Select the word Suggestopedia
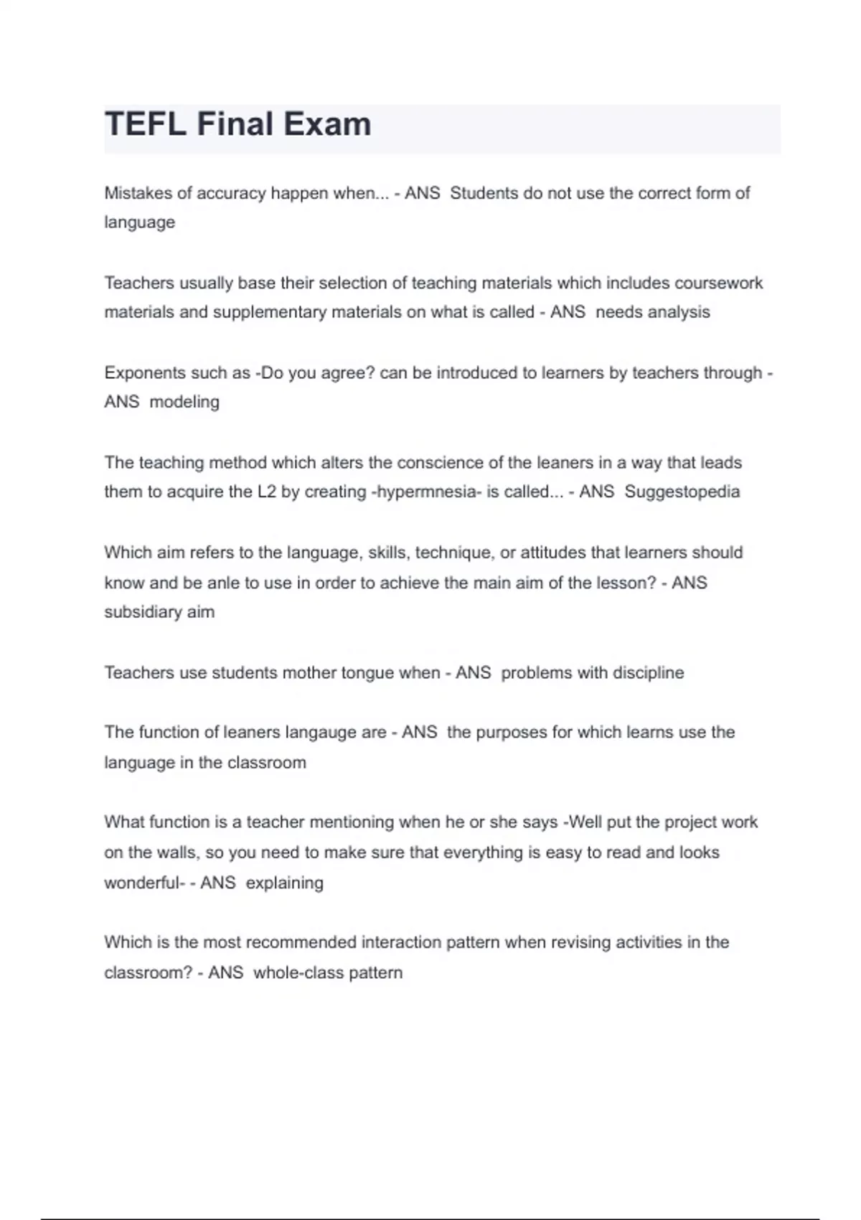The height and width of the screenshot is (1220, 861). coord(682,492)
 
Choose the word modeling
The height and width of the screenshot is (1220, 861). coord(184,402)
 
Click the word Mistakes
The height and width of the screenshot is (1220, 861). coord(138,194)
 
